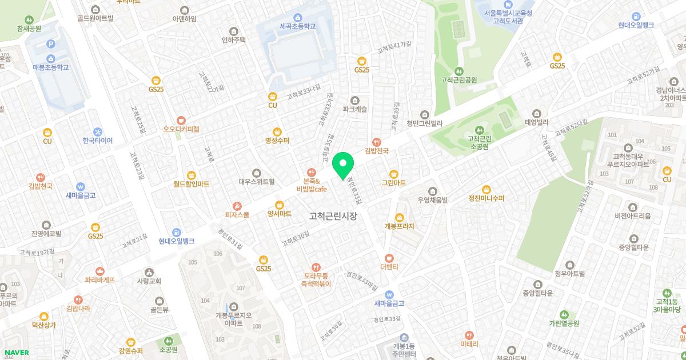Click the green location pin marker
point(343,165)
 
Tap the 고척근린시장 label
point(333,217)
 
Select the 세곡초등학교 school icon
point(298,17)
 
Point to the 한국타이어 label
point(97,141)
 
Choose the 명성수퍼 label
point(277,141)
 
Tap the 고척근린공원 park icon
point(458,70)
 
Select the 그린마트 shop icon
point(393,174)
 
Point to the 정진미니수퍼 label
point(486,199)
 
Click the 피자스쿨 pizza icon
point(237,206)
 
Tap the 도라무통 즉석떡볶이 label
point(316,279)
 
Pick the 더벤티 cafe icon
point(389,258)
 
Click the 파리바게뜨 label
point(100,280)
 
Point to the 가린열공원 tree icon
point(564,314)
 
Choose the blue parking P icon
point(51,44)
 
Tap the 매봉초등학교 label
point(51,67)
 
